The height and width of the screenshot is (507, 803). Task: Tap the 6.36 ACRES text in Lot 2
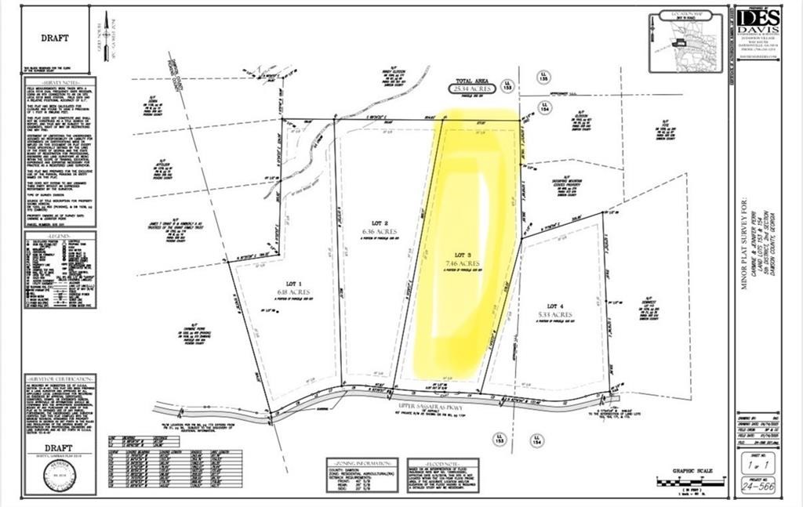pos(380,232)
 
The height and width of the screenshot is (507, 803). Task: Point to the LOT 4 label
pos(556,306)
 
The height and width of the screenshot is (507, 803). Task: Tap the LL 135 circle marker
pos(544,78)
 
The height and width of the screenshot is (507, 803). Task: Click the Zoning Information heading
pos(362,462)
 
